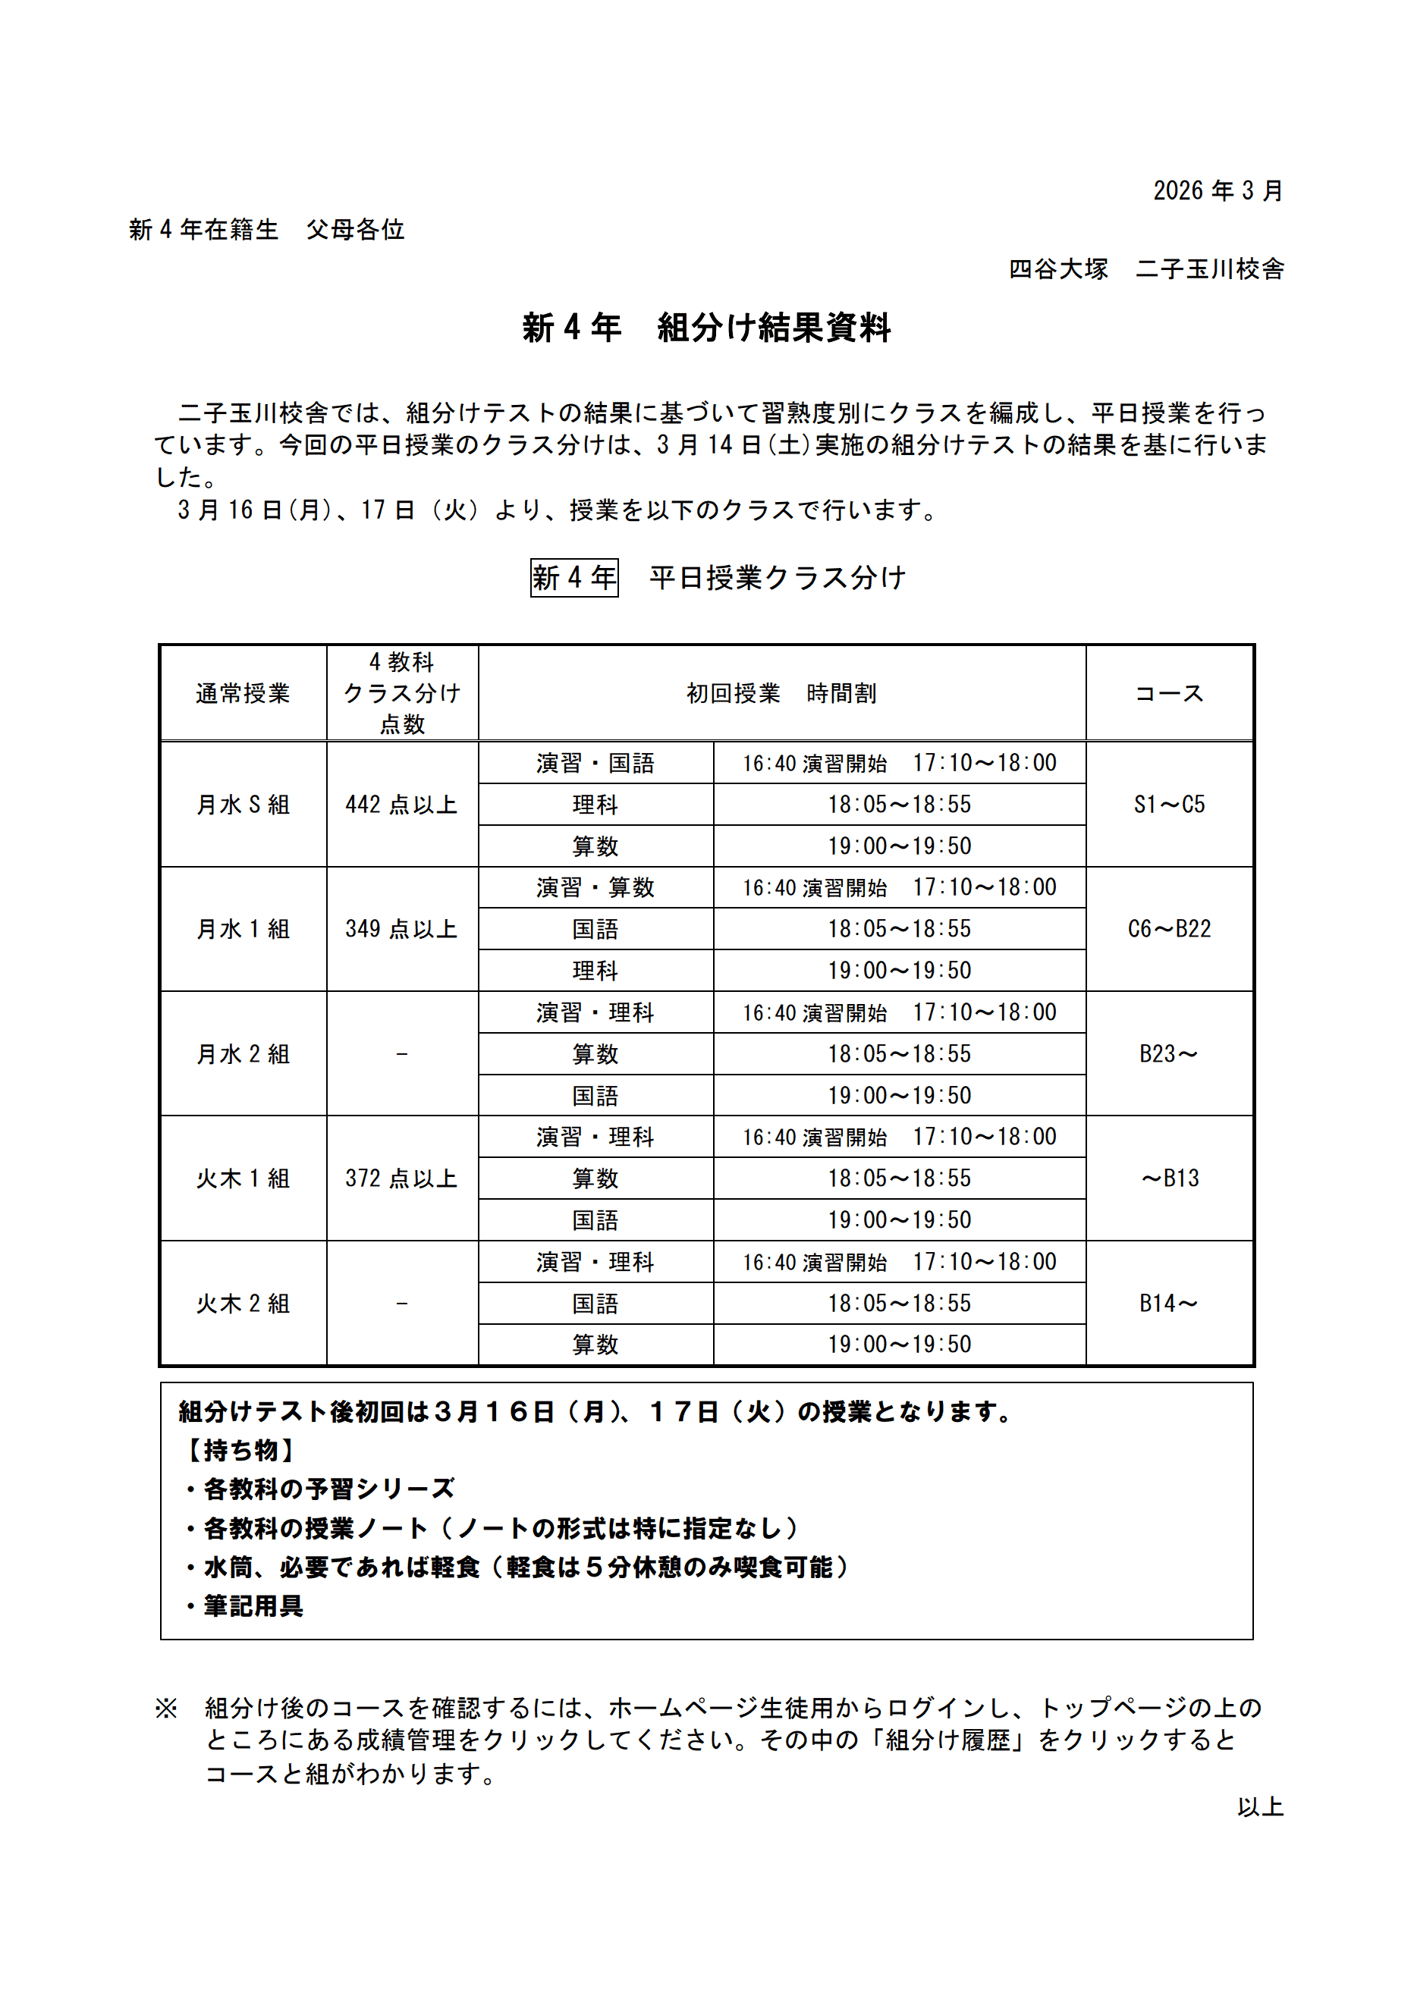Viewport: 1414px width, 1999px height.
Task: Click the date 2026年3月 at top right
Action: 1218,190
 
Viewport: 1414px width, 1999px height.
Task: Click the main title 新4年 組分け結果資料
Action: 706,328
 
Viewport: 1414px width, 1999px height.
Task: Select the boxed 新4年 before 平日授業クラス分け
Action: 573,578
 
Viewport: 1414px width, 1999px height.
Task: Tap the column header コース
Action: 1168,693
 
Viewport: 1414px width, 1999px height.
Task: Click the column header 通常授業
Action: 243,693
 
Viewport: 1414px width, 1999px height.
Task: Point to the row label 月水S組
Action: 243,805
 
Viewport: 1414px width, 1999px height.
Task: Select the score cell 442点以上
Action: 401,805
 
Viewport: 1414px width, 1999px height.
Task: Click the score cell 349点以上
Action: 401,929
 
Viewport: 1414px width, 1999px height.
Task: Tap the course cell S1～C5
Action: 1168,805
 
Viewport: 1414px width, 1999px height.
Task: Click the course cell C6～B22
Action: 1168,929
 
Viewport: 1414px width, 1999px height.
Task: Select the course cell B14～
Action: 1168,1304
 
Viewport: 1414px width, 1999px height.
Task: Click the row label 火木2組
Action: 243,1304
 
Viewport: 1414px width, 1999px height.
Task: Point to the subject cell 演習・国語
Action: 595,764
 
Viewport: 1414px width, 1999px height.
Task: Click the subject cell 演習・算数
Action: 595,888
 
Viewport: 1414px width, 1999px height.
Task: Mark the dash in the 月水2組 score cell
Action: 401,1054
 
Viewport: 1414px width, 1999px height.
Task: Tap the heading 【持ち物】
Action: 241,1451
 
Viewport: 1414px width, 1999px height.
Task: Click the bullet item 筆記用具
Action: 253,1606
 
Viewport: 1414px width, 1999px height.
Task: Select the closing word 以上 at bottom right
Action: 1260,1806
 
